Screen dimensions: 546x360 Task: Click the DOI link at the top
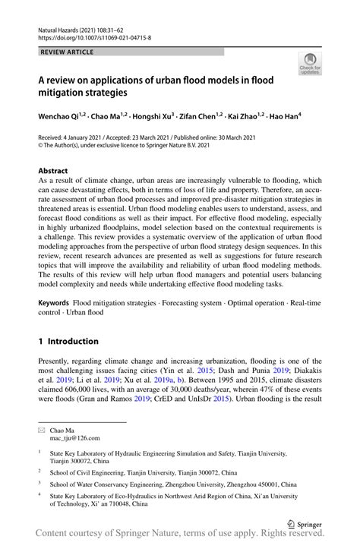click(x=94, y=36)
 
